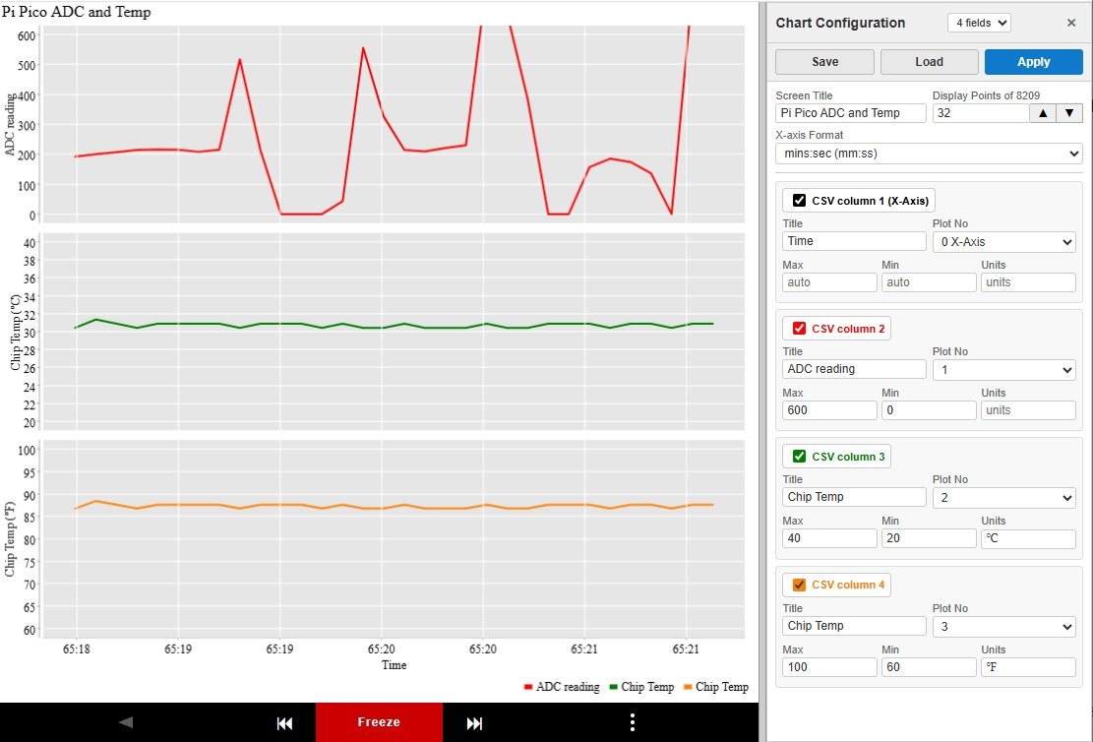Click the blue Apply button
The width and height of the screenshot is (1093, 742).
(1033, 62)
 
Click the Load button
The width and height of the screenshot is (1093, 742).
(929, 62)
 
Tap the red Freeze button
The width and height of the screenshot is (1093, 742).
(379, 722)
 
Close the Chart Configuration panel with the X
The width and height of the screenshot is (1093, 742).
(1071, 23)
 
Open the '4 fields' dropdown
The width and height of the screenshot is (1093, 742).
(979, 23)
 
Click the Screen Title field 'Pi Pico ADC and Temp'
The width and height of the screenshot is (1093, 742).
(850, 113)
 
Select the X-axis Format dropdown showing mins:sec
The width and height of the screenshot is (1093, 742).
(929, 154)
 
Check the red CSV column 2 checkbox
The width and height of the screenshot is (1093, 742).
(799, 329)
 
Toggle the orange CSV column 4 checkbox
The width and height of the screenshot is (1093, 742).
(799, 585)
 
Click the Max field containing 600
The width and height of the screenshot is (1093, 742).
(829, 410)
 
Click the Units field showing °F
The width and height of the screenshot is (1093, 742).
(1028, 667)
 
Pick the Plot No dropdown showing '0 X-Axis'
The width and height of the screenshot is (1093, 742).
(1003, 242)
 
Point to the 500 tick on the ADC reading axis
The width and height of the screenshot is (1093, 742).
(26, 65)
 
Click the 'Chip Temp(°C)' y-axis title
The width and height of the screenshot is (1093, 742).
(15, 332)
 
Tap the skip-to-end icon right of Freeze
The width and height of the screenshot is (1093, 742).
(474, 723)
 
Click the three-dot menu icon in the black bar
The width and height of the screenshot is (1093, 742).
(632, 722)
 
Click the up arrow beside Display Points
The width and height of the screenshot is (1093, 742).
(1043, 113)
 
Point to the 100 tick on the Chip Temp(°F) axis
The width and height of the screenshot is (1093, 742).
(27, 451)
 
